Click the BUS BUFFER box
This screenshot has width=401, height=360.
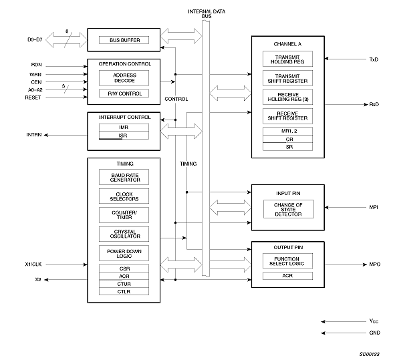pos(124,40)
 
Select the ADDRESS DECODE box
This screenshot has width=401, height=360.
pos(124,77)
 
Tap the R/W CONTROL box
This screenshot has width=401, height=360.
pos(124,94)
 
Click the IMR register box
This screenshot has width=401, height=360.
pos(124,127)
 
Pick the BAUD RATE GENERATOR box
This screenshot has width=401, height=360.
pos(124,177)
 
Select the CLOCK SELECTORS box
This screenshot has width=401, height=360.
pos(124,196)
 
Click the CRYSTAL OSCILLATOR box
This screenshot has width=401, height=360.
pos(124,234)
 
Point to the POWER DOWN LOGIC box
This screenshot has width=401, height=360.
pos(124,253)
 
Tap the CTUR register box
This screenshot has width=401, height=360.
pos(124,284)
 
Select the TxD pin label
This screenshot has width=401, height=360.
pos(373,59)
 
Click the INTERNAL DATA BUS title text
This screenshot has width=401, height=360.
pos(206,14)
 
